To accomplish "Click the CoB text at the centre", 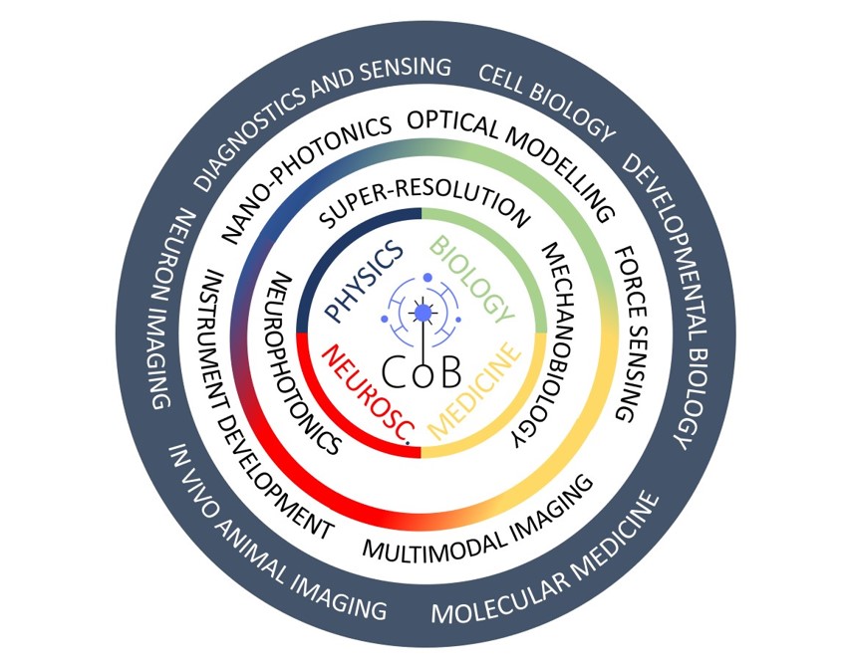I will (x=422, y=375).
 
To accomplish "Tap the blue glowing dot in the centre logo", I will (x=423, y=313).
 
